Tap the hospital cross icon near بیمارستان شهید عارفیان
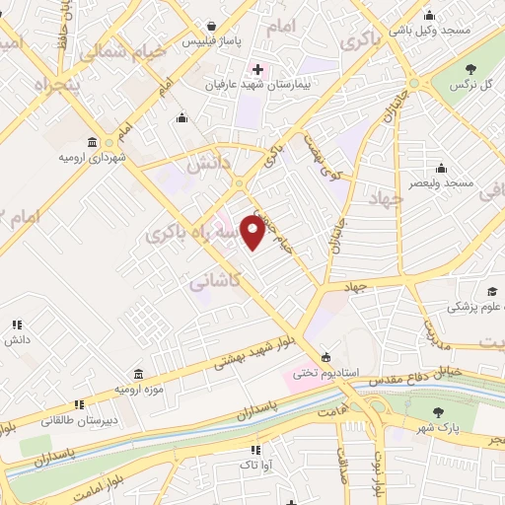point(258,69)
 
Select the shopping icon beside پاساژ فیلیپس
point(211,27)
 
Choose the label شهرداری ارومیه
point(92,157)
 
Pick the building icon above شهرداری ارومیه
point(92,141)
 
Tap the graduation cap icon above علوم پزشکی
point(491,291)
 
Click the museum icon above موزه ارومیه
point(138,376)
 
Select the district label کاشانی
point(211,281)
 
